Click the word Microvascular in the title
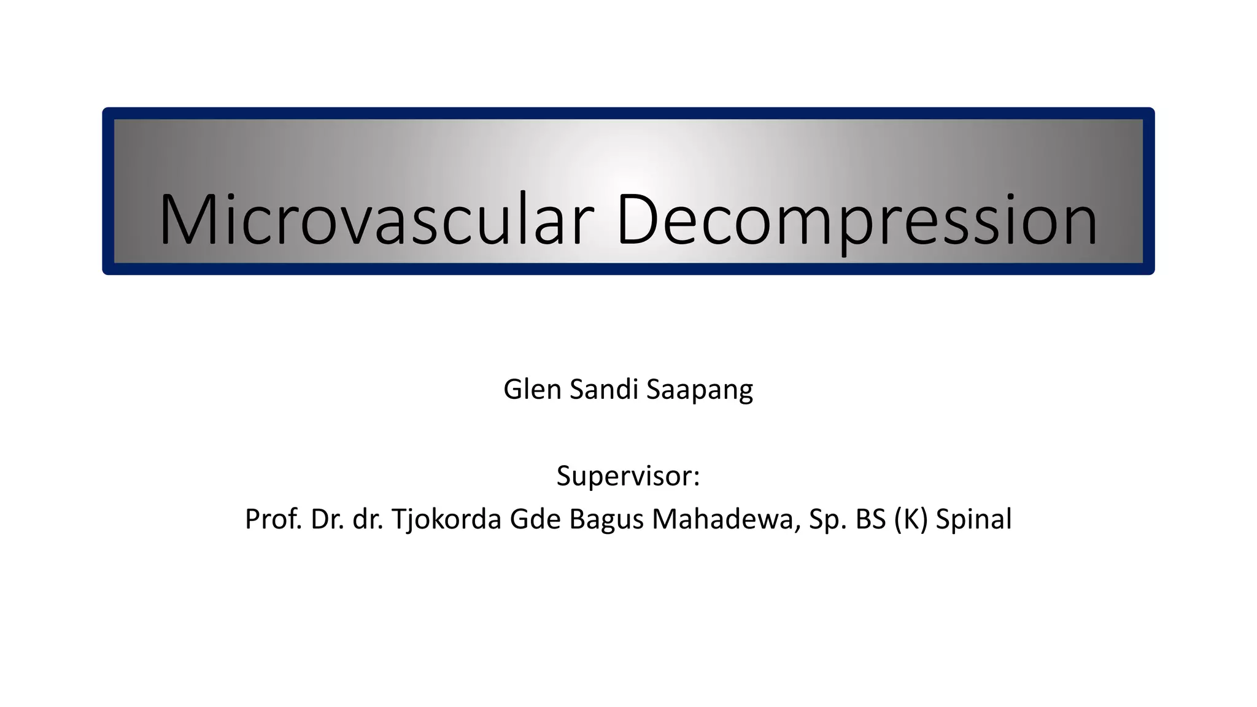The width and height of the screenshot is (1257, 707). click(x=376, y=220)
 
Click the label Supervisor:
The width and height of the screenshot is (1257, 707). click(x=628, y=476)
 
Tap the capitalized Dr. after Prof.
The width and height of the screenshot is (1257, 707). click(x=328, y=519)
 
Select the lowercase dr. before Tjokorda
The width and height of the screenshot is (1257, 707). click(x=368, y=519)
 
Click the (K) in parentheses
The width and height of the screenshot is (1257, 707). click(x=911, y=519)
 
